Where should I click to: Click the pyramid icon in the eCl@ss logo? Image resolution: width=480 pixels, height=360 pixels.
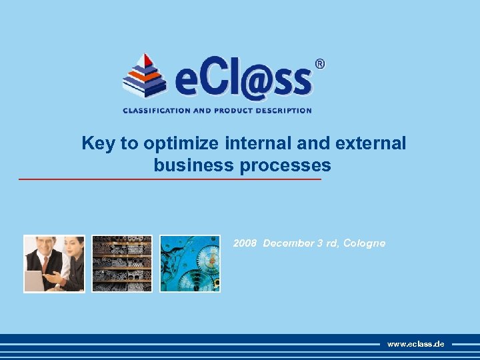[144, 76]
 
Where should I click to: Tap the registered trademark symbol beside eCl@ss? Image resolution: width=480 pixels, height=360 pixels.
[319, 65]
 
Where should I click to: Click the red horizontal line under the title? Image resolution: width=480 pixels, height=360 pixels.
[169, 179]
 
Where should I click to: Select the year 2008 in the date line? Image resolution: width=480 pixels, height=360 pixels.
[245, 243]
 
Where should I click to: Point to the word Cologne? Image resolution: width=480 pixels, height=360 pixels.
[364, 243]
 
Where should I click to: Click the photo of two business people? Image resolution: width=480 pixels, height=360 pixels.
[55, 263]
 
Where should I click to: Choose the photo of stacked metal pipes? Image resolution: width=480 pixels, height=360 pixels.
[122, 263]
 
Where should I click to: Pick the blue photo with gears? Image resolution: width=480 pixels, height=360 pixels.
[190, 263]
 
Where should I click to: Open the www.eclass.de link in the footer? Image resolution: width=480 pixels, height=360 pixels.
[415, 344]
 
